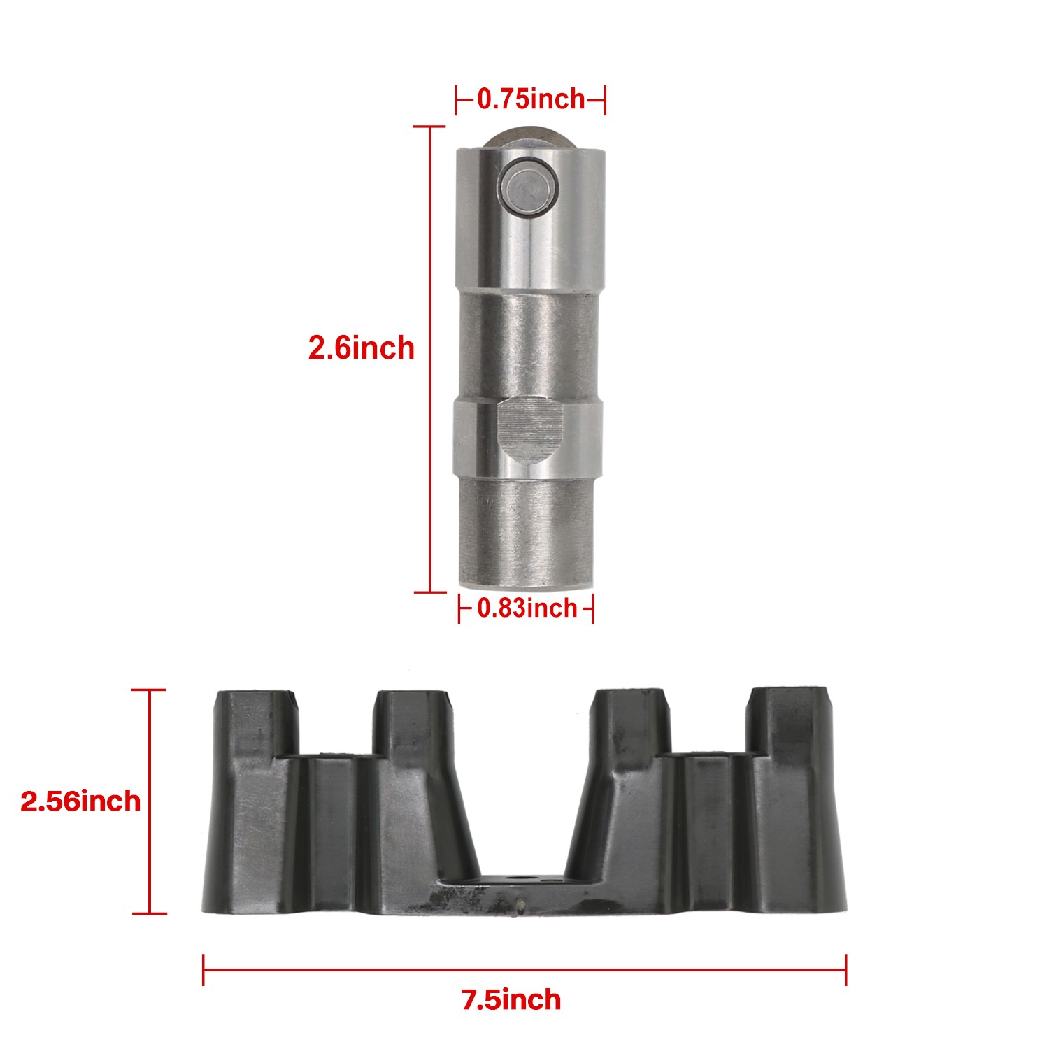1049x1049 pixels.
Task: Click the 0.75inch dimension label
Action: [531, 99]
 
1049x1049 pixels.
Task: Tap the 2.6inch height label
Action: [361, 348]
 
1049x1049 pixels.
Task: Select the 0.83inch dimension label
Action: [527, 608]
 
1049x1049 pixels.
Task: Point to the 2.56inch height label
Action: [80, 801]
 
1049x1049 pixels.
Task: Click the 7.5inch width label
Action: [511, 999]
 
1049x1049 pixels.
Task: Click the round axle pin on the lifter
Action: [529, 185]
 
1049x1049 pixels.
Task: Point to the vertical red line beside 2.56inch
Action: [150, 801]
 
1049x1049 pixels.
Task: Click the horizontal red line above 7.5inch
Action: [524, 969]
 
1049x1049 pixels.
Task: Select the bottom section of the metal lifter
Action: [528, 535]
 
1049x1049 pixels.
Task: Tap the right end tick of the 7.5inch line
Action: [845, 969]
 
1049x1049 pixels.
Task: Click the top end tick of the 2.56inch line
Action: [150, 690]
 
